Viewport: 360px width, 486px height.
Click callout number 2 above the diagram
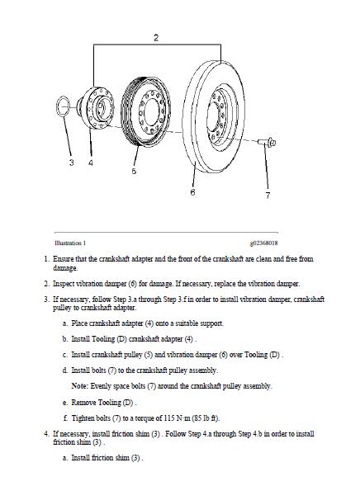coord(156,38)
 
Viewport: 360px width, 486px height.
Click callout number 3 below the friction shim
coord(71,163)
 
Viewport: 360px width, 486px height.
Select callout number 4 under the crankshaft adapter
coord(91,163)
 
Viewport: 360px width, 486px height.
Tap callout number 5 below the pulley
coord(134,172)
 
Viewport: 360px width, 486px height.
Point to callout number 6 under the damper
coord(192,193)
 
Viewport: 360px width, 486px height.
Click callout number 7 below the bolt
coord(267,196)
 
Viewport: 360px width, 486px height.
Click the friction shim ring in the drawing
coord(64,106)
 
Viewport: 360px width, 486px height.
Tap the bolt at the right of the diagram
coord(271,143)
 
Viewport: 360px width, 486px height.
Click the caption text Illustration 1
coord(69,243)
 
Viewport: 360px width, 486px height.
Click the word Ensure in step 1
coord(64,258)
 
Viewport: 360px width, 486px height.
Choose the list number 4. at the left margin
coord(46,433)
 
